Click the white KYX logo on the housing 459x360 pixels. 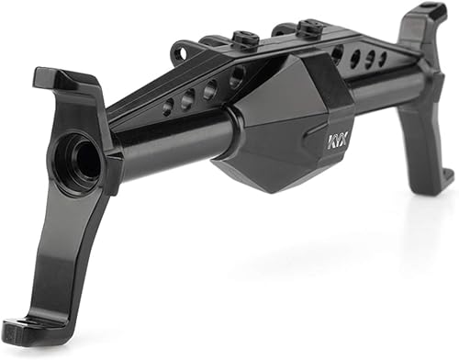point(339,142)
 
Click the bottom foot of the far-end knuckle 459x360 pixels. point(442,174)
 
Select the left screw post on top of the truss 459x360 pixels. point(244,39)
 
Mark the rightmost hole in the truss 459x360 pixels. point(383,58)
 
